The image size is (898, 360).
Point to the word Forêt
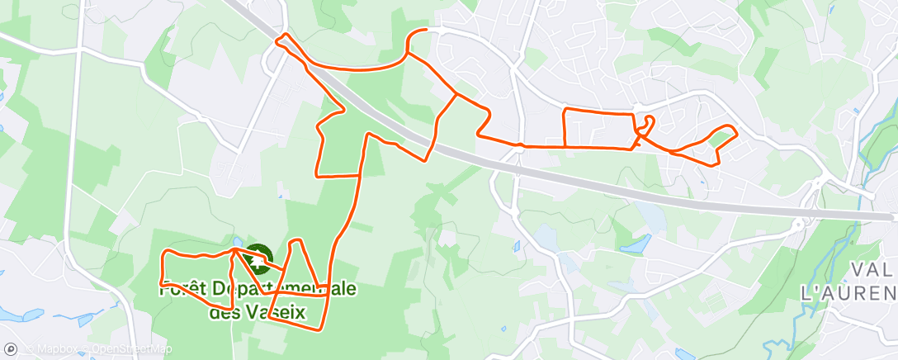[183, 290]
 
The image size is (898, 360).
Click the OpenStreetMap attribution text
[130, 348]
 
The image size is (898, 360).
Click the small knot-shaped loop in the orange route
[646, 126]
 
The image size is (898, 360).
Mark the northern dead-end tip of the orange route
[424, 31]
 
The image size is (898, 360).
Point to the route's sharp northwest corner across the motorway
[284, 36]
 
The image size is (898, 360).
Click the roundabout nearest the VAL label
[798, 223]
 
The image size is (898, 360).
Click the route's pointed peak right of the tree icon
[297, 241]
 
